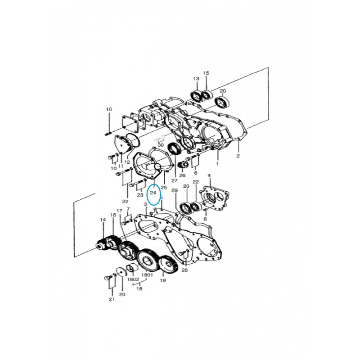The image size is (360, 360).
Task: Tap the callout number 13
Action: coord(196,79)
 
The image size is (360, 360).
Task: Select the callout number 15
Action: coord(206,73)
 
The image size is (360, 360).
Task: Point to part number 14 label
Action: coord(103,220)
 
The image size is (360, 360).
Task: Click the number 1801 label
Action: coord(147,274)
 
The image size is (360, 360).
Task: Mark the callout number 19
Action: coord(162,280)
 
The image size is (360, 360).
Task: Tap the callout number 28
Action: coord(184,270)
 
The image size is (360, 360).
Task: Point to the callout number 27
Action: coord(175,180)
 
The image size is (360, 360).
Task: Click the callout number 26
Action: coord(182,175)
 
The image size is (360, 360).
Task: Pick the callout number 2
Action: coord(238,156)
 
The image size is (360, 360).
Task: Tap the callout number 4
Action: coord(209,175)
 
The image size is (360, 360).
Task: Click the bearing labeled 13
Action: coord(197,95)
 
